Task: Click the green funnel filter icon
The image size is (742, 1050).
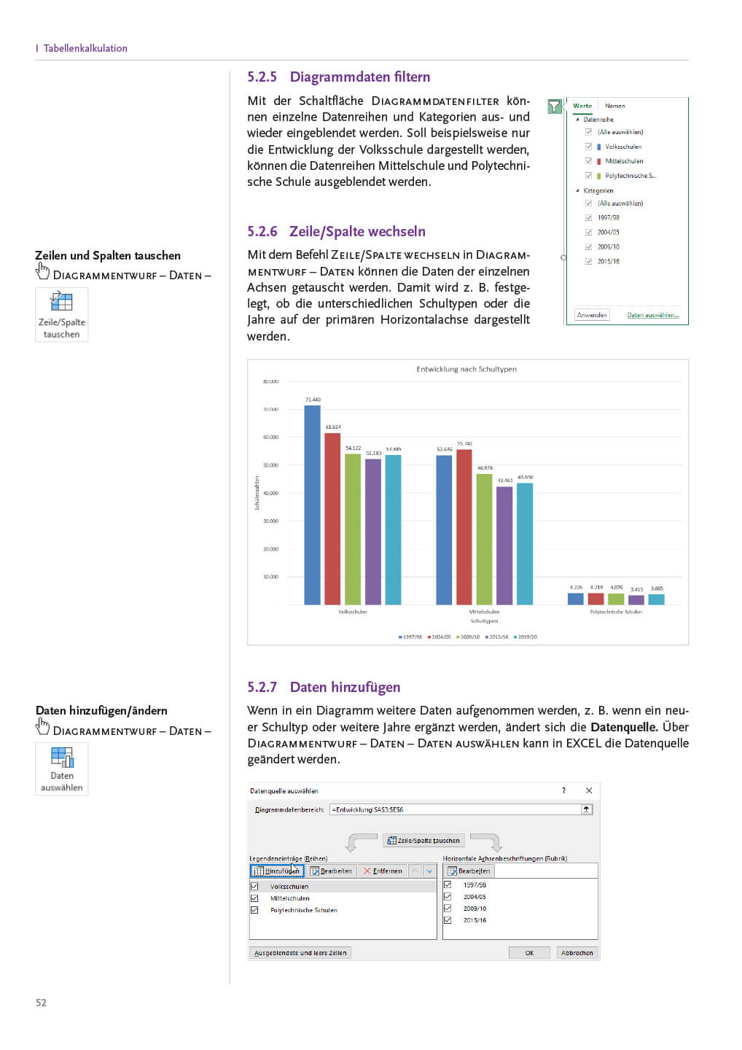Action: [555, 106]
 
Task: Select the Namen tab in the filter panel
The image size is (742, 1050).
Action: [614, 106]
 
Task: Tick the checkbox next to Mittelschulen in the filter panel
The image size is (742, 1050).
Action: [588, 161]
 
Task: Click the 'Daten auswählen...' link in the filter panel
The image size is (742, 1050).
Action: [652, 315]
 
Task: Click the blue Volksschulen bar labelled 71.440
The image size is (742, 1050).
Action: [312, 505]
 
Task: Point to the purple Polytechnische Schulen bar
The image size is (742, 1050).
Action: [636, 600]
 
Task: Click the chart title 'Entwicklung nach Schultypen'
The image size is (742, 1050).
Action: [466, 369]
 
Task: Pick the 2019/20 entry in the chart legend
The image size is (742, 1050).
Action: [526, 637]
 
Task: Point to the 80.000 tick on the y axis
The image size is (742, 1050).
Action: [270, 381]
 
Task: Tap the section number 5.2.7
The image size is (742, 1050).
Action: [262, 687]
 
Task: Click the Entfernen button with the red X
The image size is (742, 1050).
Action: [383, 871]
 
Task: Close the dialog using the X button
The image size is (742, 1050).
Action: [589, 790]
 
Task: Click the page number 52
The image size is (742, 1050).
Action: [41, 1003]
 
